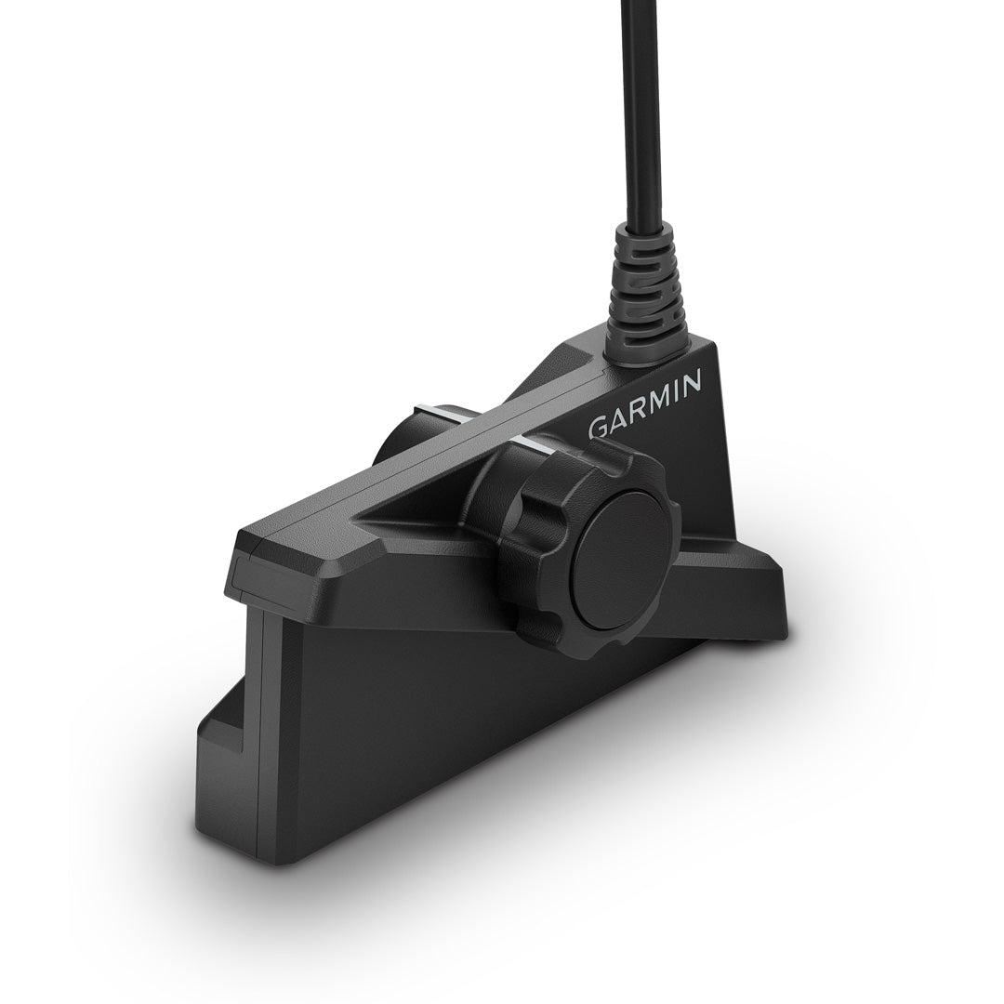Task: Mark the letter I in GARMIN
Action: [x=673, y=390]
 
